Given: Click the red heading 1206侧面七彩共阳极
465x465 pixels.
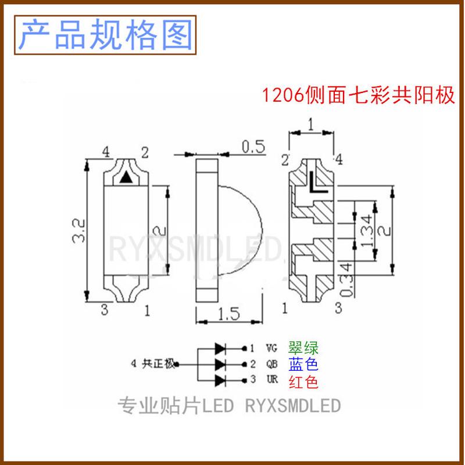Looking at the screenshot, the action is click(x=357, y=95).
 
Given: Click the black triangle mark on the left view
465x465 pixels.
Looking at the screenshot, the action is click(x=126, y=179).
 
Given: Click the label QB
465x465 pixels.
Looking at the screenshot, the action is click(x=271, y=365).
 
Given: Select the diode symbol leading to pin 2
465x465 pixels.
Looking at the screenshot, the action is click(x=221, y=365).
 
